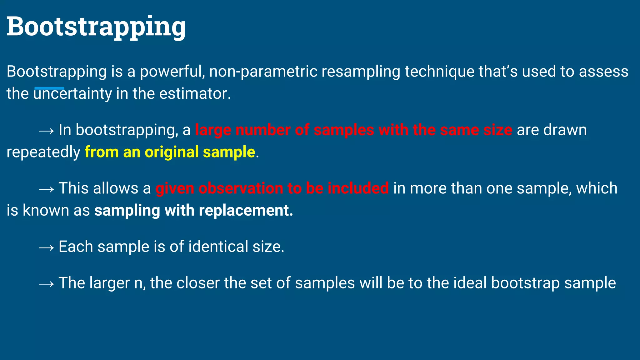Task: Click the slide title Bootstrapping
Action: [x=96, y=27]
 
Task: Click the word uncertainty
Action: [x=72, y=94]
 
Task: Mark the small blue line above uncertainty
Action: [x=49, y=88]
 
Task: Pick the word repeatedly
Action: [x=43, y=152]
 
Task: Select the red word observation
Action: [x=241, y=188]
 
